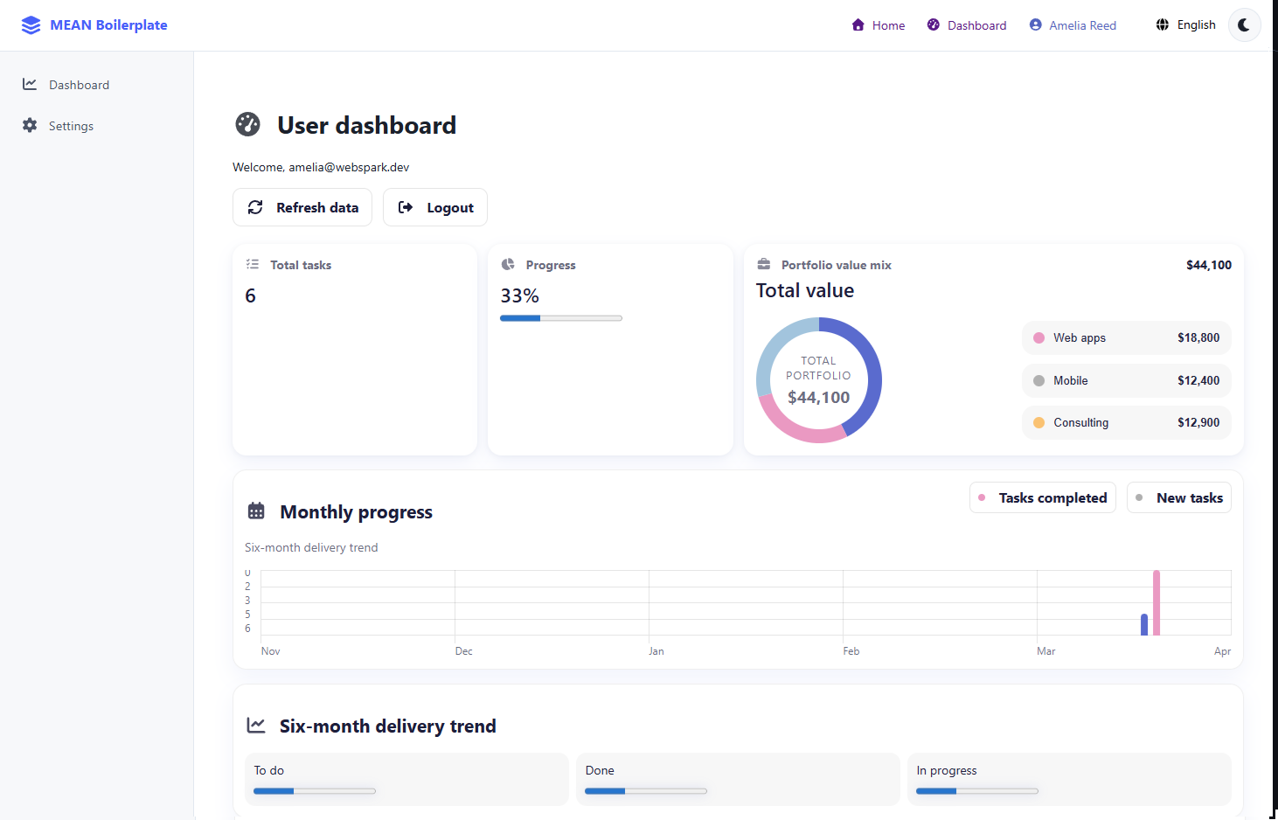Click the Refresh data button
click(x=302, y=207)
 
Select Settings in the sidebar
click(x=71, y=126)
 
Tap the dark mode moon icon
click(x=1244, y=24)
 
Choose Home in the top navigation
click(x=879, y=25)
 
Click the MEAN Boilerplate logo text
click(x=108, y=24)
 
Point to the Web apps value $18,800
click(x=1198, y=337)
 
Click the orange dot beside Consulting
click(x=1038, y=422)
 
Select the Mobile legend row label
click(x=1070, y=380)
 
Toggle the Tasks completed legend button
click(x=1043, y=497)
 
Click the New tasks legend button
click(x=1179, y=497)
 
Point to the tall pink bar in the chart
click(x=1156, y=602)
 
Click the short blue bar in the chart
click(x=1144, y=624)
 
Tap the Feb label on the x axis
click(x=851, y=651)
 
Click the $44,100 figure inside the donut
click(x=818, y=398)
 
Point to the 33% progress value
click(x=519, y=296)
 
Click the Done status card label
click(x=600, y=770)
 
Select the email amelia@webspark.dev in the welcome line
click(x=349, y=167)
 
